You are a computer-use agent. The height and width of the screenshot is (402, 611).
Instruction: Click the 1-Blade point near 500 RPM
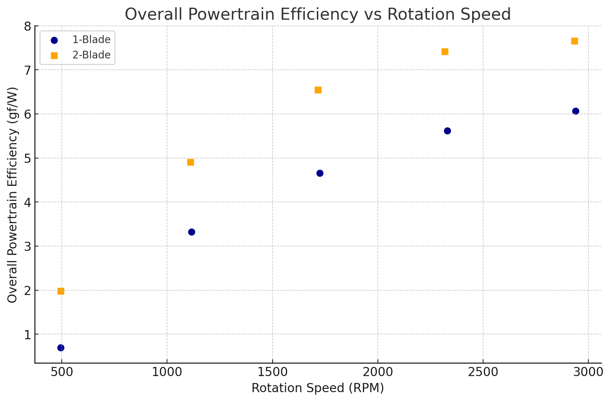[61, 348]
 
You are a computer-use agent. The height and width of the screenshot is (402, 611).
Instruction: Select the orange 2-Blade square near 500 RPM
[61, 291]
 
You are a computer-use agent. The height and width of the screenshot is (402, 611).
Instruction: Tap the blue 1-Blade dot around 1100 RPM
[191, 232]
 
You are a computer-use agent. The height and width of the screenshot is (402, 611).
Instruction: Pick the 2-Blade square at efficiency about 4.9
[190, 162]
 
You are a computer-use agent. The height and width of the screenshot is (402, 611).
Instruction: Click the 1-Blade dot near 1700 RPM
[320, 173]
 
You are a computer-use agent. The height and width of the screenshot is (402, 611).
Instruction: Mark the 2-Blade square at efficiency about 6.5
[318, 90]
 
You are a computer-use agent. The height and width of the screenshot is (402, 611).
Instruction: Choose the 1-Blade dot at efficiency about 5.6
[447, 131]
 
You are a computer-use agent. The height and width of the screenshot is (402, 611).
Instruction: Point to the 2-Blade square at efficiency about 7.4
[445, 51]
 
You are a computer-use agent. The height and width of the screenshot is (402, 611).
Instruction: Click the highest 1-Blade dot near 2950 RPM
[576, 111]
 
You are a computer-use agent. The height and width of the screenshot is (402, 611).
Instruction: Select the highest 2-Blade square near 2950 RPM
[574, 41]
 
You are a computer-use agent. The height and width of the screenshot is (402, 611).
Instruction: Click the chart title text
[318, 15]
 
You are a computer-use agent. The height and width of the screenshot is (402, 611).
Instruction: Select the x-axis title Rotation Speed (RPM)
[318, 388]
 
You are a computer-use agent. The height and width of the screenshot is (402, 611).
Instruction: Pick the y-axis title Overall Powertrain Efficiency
[12, 195]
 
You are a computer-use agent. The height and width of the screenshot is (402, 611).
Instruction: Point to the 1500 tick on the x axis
[272, 372]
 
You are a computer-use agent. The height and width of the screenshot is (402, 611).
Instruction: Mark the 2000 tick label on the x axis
[377, 372]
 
